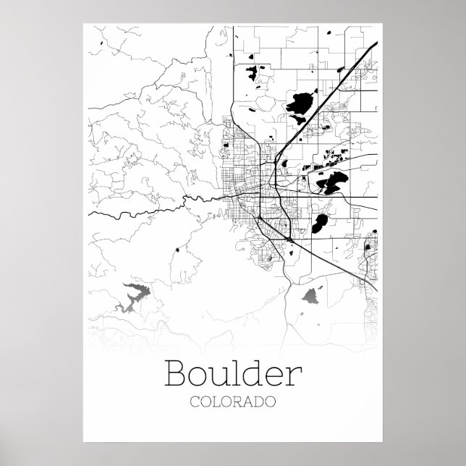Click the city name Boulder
pyautogui.click(x=232, y=373)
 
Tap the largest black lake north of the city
pyautogui.click(x=298, y=108)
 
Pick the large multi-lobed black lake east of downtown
pyautogui.click(x=333, y=182)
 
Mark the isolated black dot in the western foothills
pyautogui.click(x=176, y=250)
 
